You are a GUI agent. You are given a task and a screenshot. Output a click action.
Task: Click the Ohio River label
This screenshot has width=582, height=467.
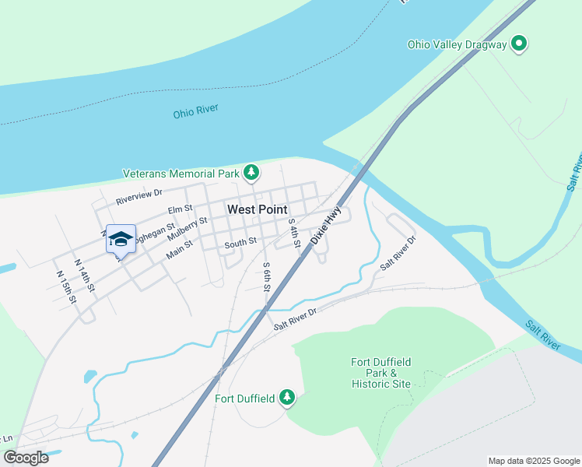pyautogui.click(x=196, y=113)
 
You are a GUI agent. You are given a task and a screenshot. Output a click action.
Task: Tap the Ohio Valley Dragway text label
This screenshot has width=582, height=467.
pyautogui.click(x=457, y=44)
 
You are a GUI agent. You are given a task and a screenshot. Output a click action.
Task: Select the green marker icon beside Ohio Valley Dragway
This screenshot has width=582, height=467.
pyautogui.click(x=519, y=44)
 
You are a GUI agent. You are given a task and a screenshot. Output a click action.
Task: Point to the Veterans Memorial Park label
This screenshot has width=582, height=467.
pyautogui.click(x=181, y=173)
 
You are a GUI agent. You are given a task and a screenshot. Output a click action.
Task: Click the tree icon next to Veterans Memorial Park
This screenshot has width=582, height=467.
pyautogui.click(x=251, y=172)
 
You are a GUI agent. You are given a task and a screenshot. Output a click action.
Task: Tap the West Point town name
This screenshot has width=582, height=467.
pyautogui.click(x=257, y=209)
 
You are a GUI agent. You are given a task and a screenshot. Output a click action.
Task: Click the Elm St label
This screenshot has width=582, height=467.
pyautogui.click(x=180, y=210)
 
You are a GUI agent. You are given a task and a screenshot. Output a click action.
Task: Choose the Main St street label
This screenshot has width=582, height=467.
pyautogui.click(x=179, y=251)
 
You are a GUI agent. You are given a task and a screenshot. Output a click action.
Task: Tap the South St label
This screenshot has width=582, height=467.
pyautogui.click(x=240, y=243)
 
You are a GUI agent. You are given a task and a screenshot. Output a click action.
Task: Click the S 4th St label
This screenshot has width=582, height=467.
pyautogui.click(x=294, y=233)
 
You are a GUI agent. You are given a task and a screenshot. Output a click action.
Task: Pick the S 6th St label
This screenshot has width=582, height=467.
pyautogui.click(x=266, y=276)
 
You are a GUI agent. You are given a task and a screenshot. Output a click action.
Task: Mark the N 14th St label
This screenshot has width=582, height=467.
pyautogui.click(x=85, y=276)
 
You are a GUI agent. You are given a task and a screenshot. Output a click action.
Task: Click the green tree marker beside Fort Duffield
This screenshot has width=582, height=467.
pyautogui.click(x=288, y=399)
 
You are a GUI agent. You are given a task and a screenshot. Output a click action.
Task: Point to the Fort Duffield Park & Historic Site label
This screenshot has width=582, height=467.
pyautogui.click(x=380, y=373)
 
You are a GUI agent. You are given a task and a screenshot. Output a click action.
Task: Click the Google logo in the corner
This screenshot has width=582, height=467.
pyautogui.click(x=26, y=458)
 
